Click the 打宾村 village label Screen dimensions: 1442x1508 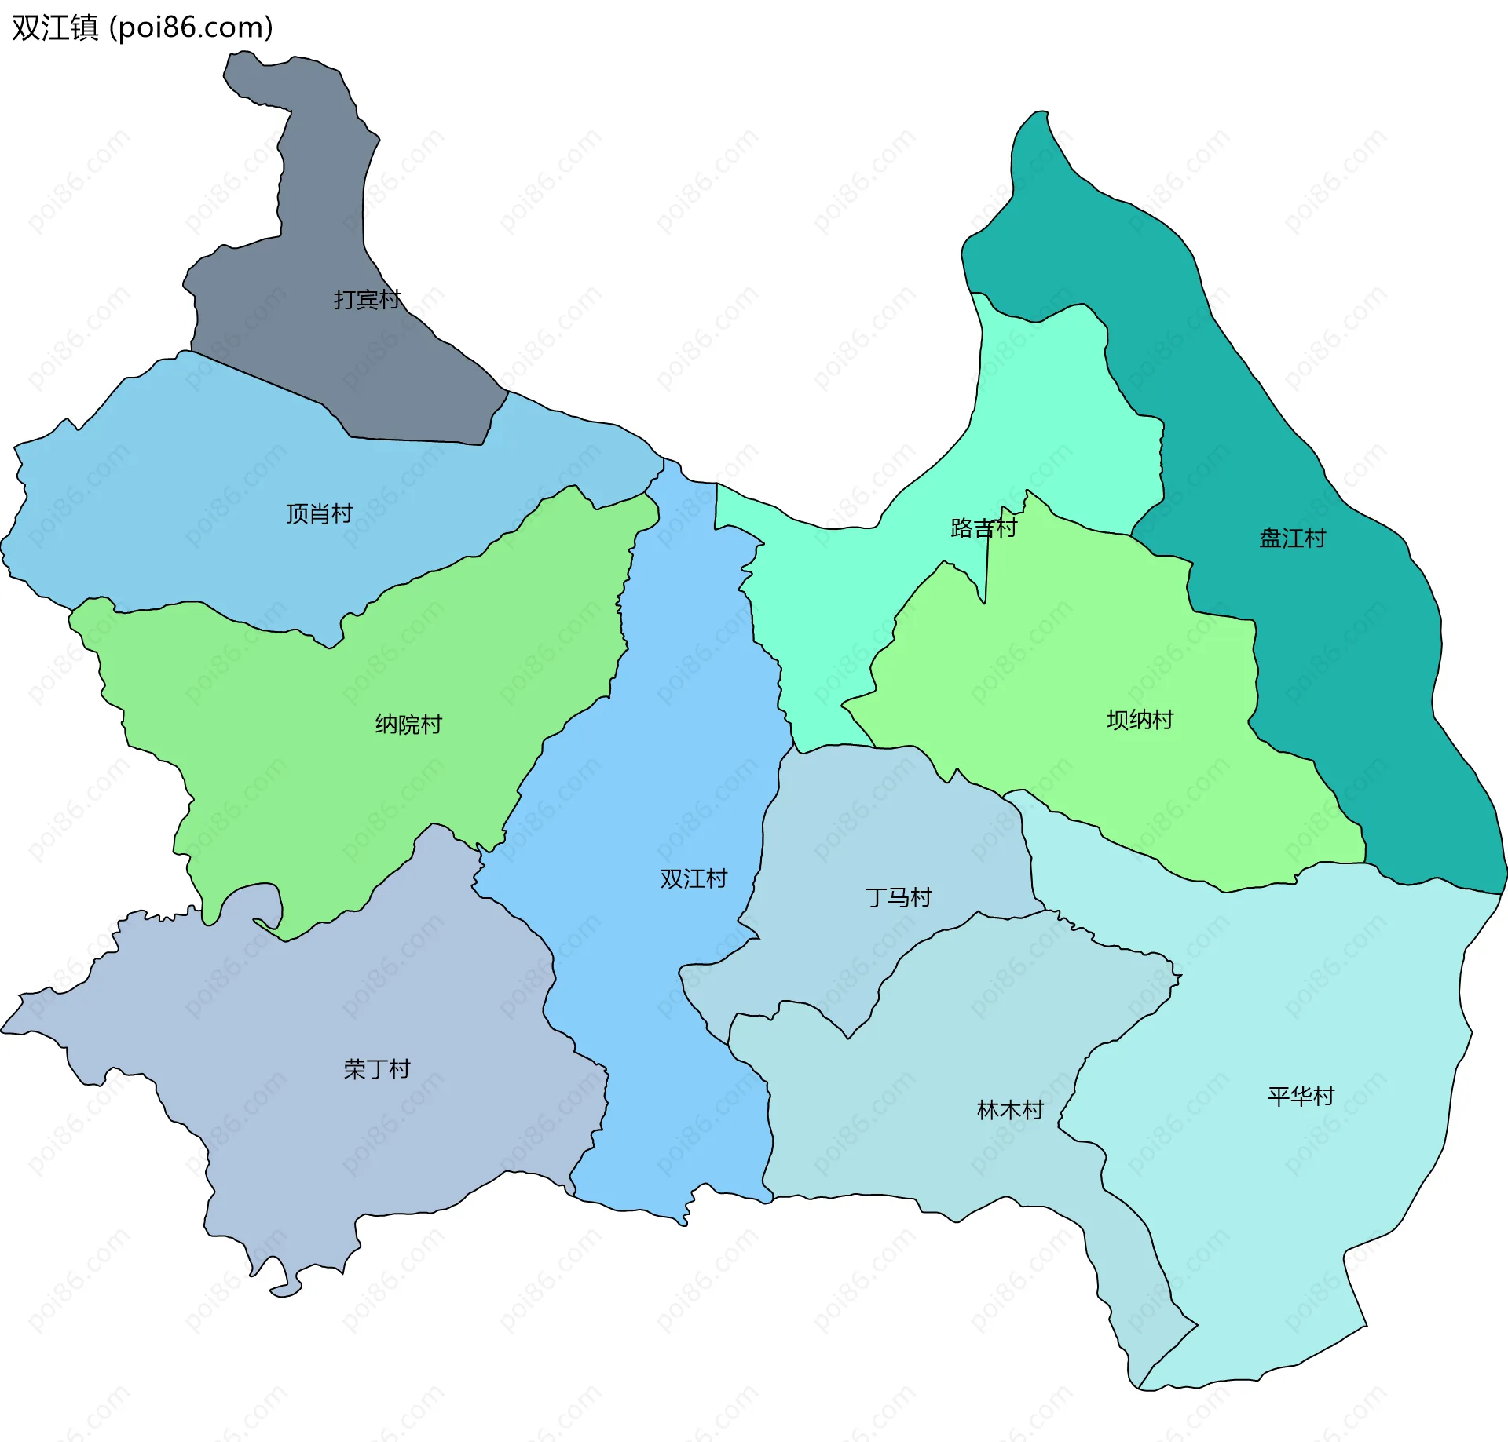[367, 299]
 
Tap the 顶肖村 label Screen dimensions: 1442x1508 [319, 513]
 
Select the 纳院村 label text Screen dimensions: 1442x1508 [408, 724]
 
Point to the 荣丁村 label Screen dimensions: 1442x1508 [377, 1068]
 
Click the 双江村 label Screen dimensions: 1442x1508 [694, 878]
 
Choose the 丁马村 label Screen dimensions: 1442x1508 [899, 896]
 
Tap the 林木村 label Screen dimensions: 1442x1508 [1010, 1109]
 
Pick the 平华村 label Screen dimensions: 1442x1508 [1301, 1096]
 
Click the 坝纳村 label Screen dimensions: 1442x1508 [1140, 719]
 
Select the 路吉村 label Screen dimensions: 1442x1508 [983, 528]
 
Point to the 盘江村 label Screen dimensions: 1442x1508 [1292, 538]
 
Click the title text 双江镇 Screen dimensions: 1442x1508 [55, 27]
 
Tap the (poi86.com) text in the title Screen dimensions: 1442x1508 [191, 27]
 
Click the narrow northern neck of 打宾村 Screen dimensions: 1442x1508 [322, 157]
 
